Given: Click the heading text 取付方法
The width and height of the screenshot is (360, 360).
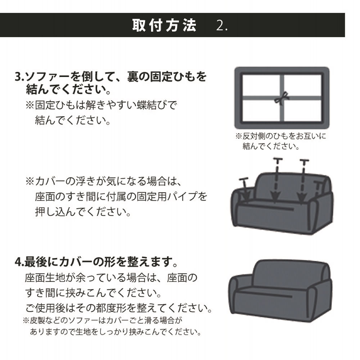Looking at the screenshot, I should [x=164, y=26].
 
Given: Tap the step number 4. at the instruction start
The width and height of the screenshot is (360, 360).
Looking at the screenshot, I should [x=19, y=262].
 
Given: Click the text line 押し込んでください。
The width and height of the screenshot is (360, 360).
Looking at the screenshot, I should [x=83, y=212].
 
